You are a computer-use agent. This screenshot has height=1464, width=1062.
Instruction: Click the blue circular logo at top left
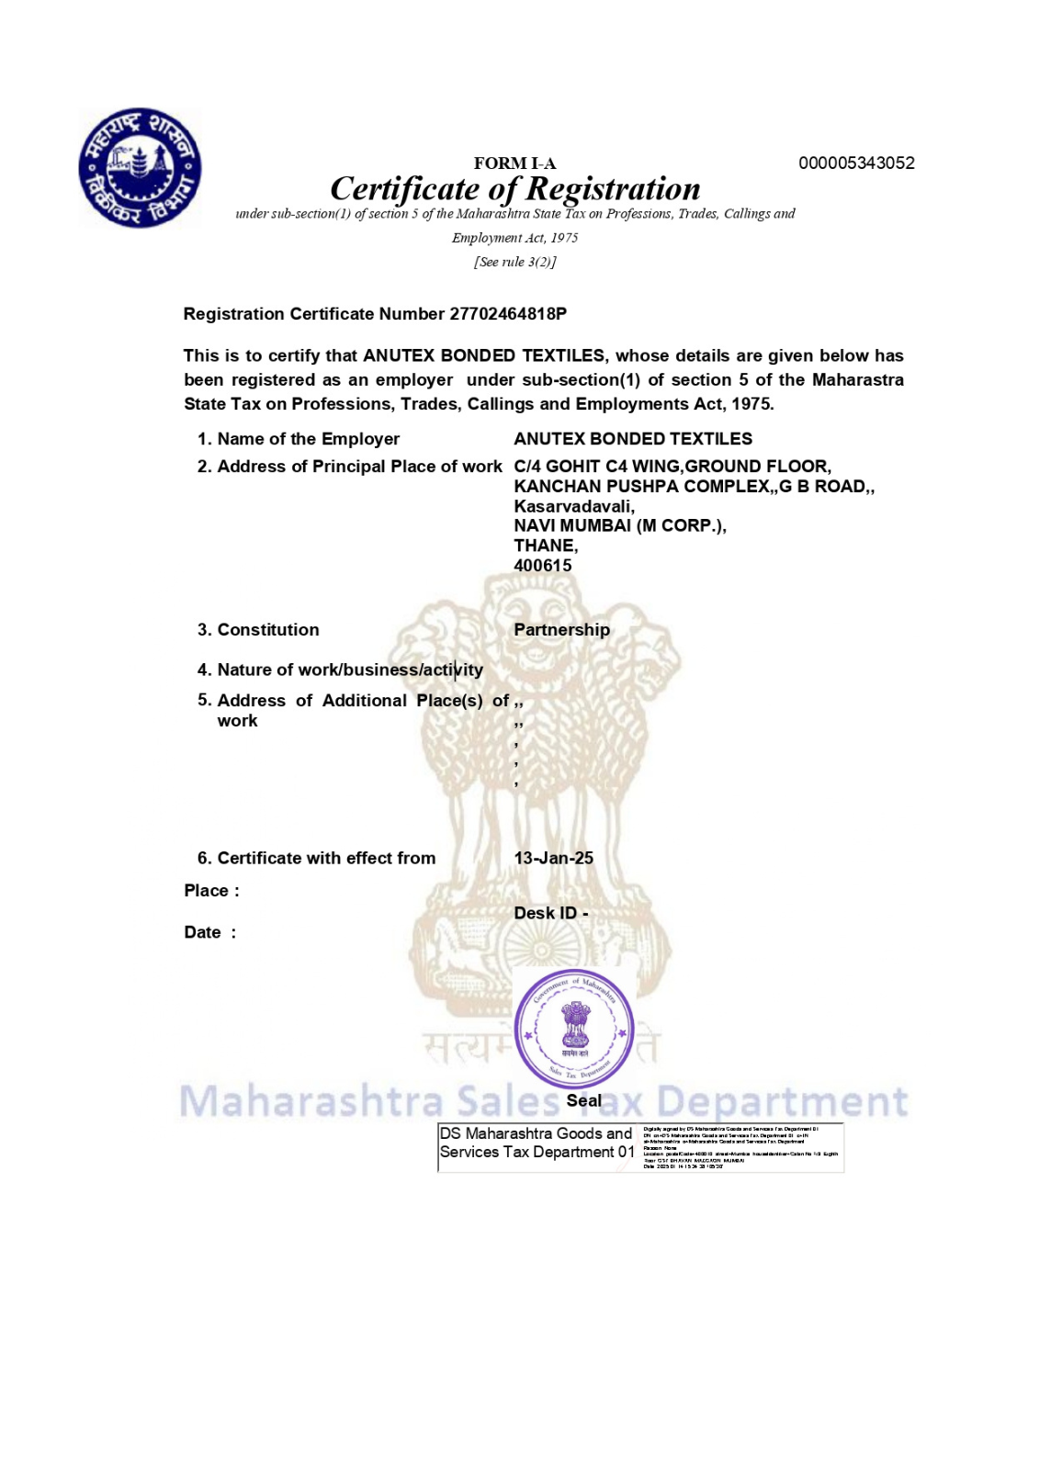140,168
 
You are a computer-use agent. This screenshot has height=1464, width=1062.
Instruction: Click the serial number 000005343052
856,163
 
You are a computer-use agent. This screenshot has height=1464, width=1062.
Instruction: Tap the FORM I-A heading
514,163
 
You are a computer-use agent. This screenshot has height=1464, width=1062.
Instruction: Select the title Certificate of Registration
514,189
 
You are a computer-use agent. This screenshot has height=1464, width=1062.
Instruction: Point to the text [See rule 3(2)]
514,262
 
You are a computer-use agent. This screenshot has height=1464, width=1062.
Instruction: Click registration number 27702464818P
507,314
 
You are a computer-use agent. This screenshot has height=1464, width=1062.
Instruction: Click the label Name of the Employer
308,439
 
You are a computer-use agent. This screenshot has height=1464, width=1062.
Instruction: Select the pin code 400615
542,566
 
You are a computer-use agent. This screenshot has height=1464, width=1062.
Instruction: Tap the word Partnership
561,630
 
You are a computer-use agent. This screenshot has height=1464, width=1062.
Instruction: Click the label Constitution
267,630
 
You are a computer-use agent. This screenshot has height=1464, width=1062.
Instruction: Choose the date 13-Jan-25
553,858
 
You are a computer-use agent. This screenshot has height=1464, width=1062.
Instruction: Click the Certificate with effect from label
325,858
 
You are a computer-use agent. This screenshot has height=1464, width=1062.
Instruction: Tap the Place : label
211,891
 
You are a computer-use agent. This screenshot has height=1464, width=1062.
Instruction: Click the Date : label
209,932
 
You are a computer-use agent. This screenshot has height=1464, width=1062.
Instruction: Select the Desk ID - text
550,913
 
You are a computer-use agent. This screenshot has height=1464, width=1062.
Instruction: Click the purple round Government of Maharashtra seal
574,1028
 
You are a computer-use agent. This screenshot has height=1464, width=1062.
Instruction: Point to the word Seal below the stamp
583,1100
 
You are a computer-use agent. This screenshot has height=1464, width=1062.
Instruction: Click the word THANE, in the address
546,546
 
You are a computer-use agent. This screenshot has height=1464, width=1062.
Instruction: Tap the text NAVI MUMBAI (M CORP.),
619,525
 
